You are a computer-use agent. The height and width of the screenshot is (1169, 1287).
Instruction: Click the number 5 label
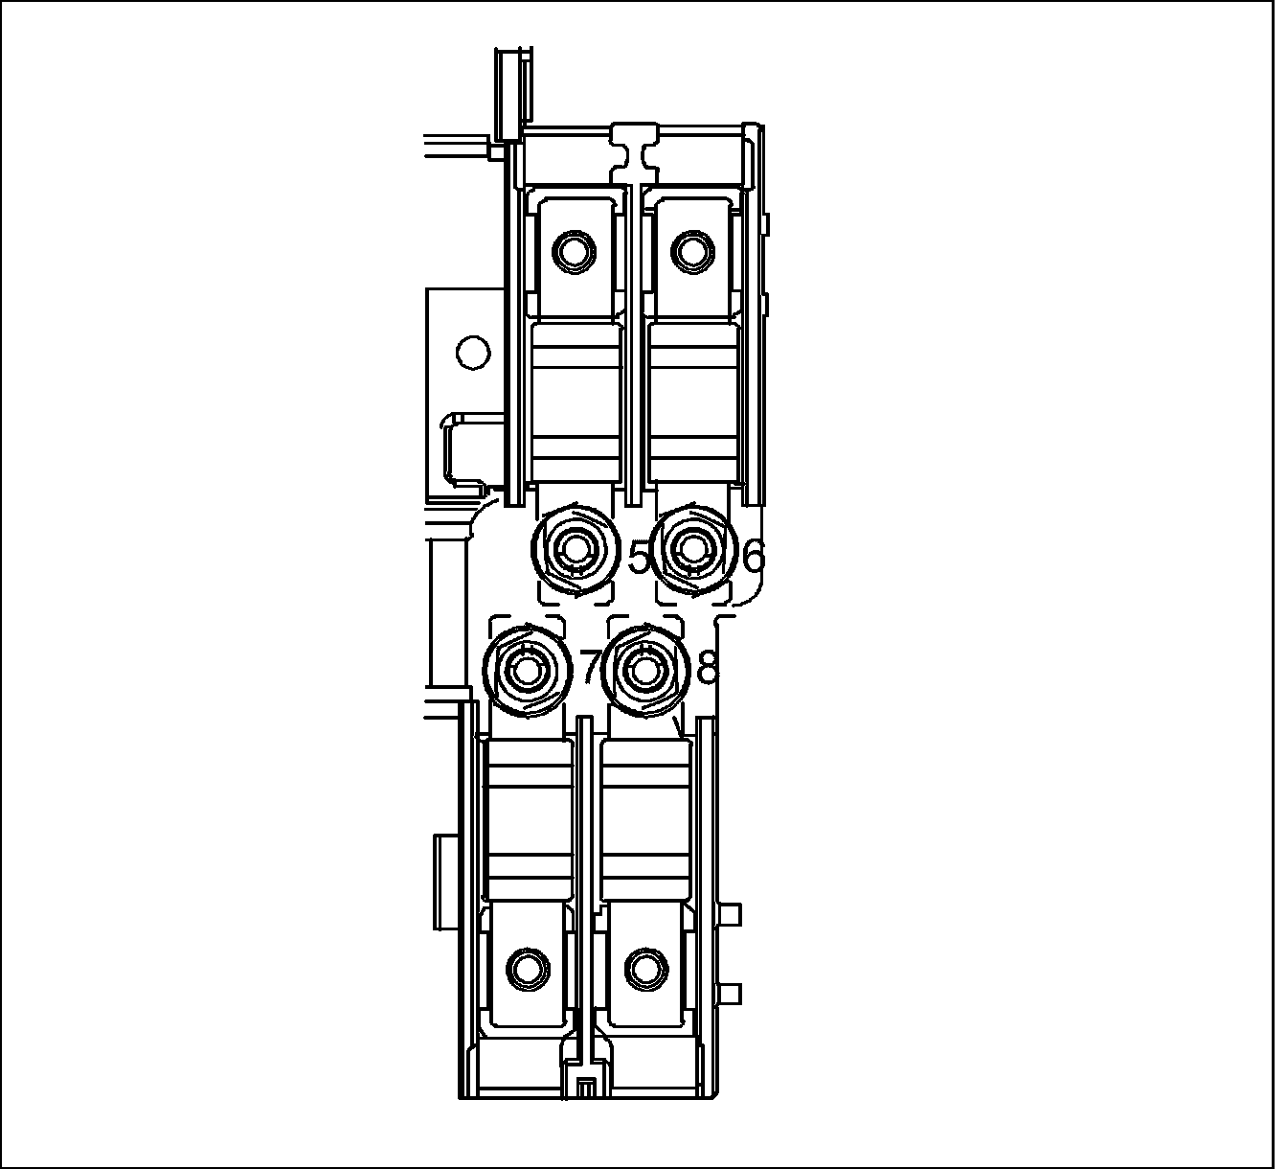(x=639, y=558)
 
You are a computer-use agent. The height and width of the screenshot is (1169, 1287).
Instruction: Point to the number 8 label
(x=707, y=667)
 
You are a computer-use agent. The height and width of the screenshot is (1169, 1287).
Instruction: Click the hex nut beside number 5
(x=575, y=550)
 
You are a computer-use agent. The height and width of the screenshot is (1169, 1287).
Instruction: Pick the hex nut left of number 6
(x=691, y=549)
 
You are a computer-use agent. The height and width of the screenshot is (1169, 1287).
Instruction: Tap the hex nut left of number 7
(x=527, y=672)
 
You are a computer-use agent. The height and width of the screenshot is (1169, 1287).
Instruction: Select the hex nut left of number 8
(x=643, y=672)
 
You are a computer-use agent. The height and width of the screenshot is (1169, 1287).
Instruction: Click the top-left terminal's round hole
(x=574, y=251)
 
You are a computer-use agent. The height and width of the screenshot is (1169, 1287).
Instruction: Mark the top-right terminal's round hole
(x=692, y=250)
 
